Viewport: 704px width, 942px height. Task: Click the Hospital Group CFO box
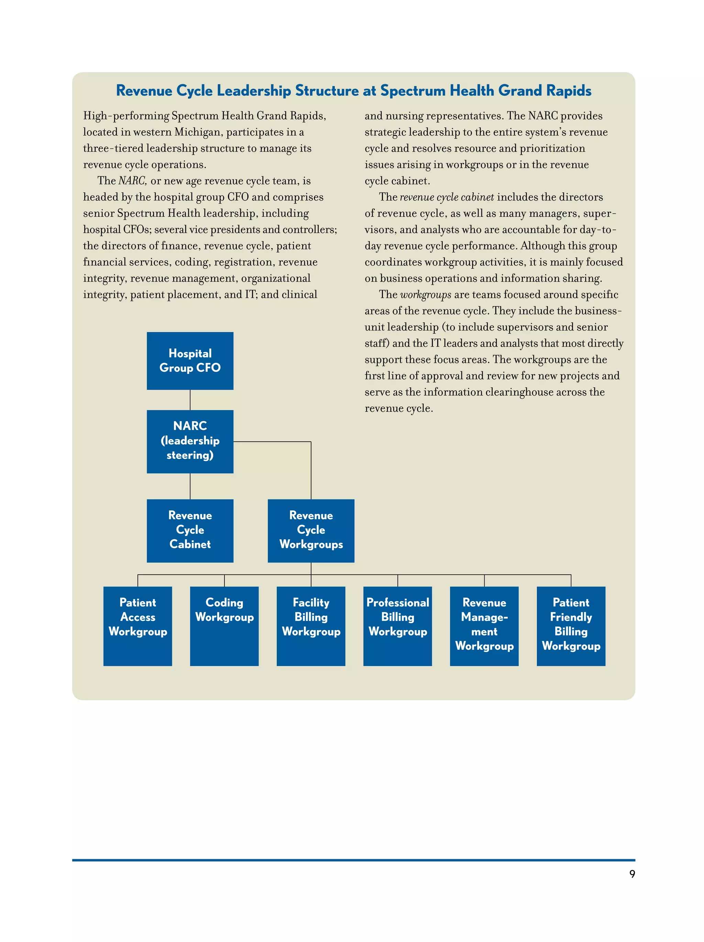(x=190, y=361)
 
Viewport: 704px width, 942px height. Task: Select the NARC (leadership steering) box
(x=190, y=441)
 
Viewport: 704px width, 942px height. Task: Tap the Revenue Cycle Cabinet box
(x=190, y=530)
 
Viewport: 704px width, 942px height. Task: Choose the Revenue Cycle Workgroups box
(x=311, y=530)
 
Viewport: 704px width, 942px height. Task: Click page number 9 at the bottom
(x=632, y=874)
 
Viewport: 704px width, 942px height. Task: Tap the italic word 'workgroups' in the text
(x=426, y=295)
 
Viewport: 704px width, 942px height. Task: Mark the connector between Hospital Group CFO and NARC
(x=190, y=400)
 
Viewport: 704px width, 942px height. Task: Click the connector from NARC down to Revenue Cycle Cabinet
(x=190, y=486)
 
